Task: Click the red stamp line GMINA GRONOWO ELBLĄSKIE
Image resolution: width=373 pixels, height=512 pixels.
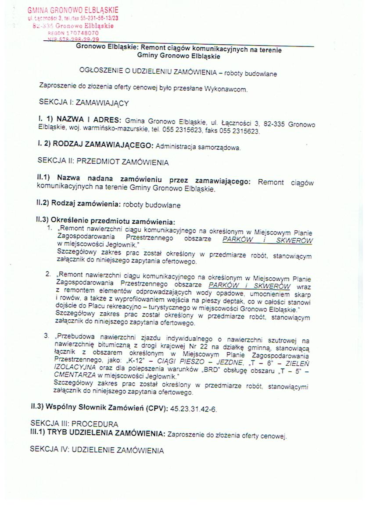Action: (x=73, y=10)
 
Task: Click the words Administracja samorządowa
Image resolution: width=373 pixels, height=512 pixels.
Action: (x=197, y=148)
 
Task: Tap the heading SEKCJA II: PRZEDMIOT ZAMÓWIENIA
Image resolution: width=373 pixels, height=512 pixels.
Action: (x=103, y=162)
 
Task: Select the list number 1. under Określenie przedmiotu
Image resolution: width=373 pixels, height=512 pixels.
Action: (x=50, y=229)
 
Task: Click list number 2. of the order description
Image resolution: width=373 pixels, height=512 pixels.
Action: (x=48, y=274)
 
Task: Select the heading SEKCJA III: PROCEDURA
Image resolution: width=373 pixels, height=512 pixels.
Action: (x=74, y=424)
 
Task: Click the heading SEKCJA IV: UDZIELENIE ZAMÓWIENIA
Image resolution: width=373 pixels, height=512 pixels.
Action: (x=97, y=450)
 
